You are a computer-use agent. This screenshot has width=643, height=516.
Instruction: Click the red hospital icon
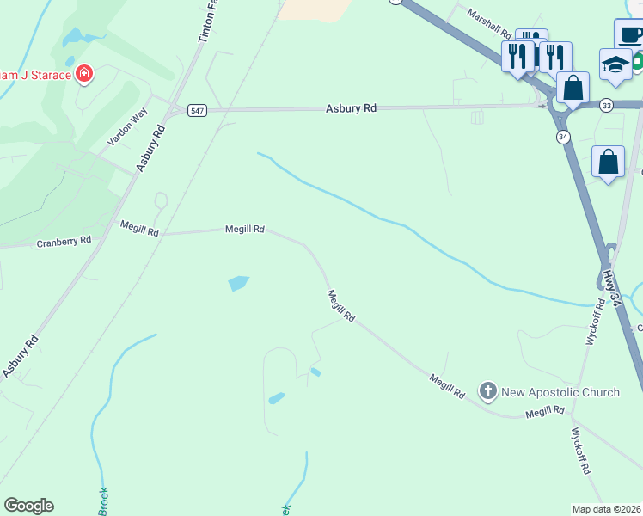[84, 74]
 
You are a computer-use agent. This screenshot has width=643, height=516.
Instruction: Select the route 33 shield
[607, 105]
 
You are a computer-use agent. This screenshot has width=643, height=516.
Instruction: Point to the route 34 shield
[563, 137]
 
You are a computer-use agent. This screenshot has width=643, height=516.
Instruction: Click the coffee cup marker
[630, 34]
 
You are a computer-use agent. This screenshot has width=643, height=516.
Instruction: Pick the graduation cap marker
[615, 64]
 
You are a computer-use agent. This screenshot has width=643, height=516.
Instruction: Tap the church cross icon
[487, 392]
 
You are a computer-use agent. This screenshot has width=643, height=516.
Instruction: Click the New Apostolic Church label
[560, 392]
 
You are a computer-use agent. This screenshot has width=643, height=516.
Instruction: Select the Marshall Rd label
[489, 24]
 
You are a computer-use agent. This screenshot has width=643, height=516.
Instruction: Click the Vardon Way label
[127, 127]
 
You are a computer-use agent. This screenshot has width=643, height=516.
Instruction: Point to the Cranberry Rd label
[64, 243]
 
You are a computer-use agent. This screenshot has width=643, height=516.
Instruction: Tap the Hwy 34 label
[611, 286]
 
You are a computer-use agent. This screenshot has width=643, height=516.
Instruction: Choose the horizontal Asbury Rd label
[351, 108]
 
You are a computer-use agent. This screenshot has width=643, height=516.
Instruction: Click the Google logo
[28, 506]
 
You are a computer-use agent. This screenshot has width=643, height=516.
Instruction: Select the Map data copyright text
[607, 508]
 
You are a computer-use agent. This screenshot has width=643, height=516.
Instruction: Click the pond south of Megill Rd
[238, 283]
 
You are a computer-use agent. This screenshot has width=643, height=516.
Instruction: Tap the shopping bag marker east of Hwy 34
[608, 161]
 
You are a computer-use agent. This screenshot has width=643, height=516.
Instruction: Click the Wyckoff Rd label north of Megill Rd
[592, 322]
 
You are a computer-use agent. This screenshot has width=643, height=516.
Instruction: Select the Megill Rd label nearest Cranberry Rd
[139, 227]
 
